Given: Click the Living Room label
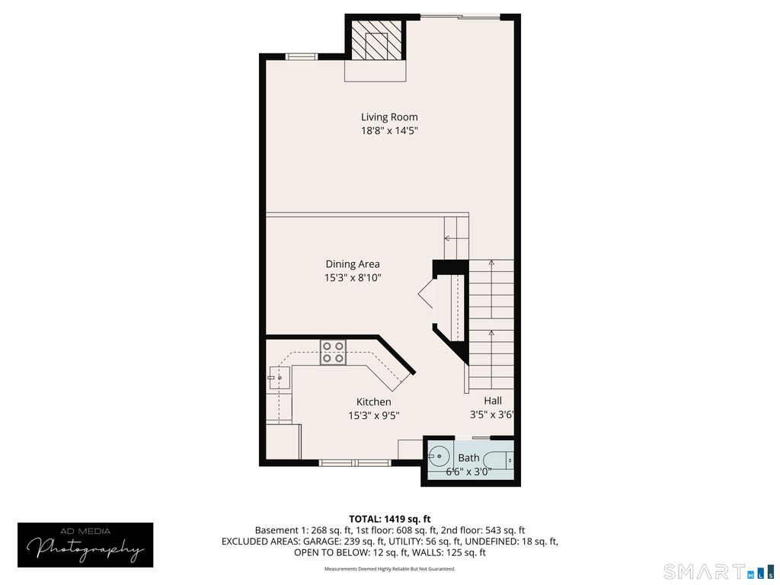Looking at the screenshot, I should [x=389, y=117].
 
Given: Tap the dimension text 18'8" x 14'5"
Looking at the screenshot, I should [x=389, y=131].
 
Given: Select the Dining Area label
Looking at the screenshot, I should [x=352, y=264].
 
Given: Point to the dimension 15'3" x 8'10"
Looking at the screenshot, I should [x=352, y=278].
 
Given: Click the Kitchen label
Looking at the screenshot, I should [x=373, y=401].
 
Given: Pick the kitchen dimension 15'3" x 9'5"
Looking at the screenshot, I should [x=373, y=416].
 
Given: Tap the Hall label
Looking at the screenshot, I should [x=492, y=400].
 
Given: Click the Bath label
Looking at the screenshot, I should [x=468, y=458].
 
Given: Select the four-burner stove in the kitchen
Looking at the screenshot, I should [x=333, y=352].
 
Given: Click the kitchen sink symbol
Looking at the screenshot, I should [x=275, y=376].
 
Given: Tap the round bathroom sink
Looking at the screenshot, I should [x=438, y=458].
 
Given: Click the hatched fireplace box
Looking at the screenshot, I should [x=376, y=40].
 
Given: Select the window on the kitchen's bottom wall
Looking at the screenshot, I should [x=354, y=462].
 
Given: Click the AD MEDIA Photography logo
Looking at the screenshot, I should [x=85, y=544].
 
